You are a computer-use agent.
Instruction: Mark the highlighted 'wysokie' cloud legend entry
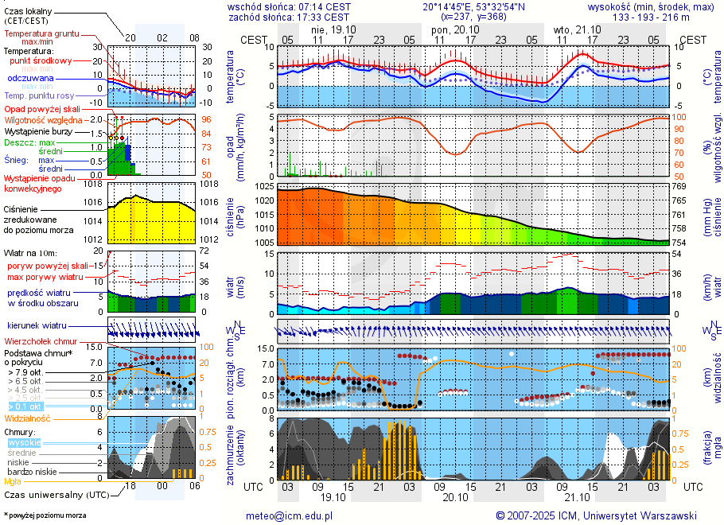click(x=24, y=442)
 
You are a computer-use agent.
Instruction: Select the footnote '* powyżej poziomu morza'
click(x=45, y=515)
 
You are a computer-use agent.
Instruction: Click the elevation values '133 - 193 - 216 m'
click(x=651, y=17)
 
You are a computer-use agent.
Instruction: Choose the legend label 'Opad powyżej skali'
click(x=41, y=109)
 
